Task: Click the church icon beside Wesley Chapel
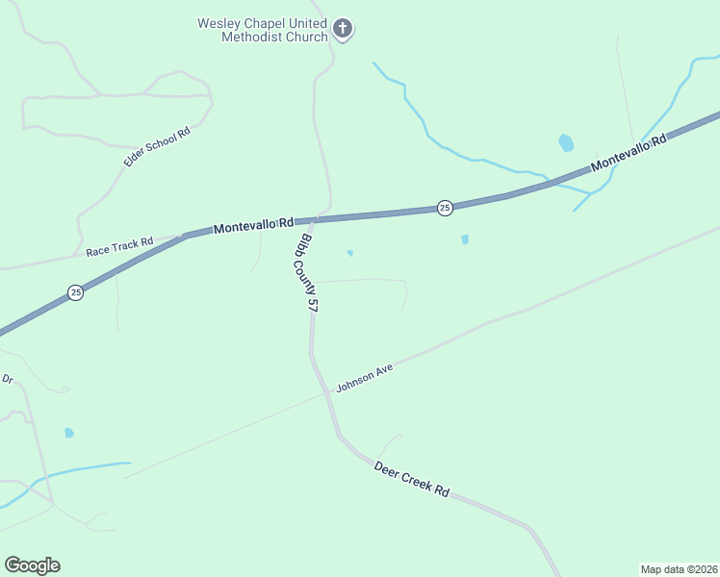343,29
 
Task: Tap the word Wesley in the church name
220,23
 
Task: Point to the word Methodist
250,37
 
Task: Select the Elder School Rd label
157,146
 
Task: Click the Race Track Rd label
119,247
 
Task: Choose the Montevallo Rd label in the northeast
629,153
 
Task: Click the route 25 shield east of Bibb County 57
445,208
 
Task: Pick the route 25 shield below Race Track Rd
75,291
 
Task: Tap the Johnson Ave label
366,377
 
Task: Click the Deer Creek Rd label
412,477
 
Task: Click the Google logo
32,565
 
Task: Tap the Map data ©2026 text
680,568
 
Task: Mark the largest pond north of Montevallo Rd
566,143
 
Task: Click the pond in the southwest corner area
69,433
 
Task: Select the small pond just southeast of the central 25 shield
465,238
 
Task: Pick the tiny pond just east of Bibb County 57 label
349,253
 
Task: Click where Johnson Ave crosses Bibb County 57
322,395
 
